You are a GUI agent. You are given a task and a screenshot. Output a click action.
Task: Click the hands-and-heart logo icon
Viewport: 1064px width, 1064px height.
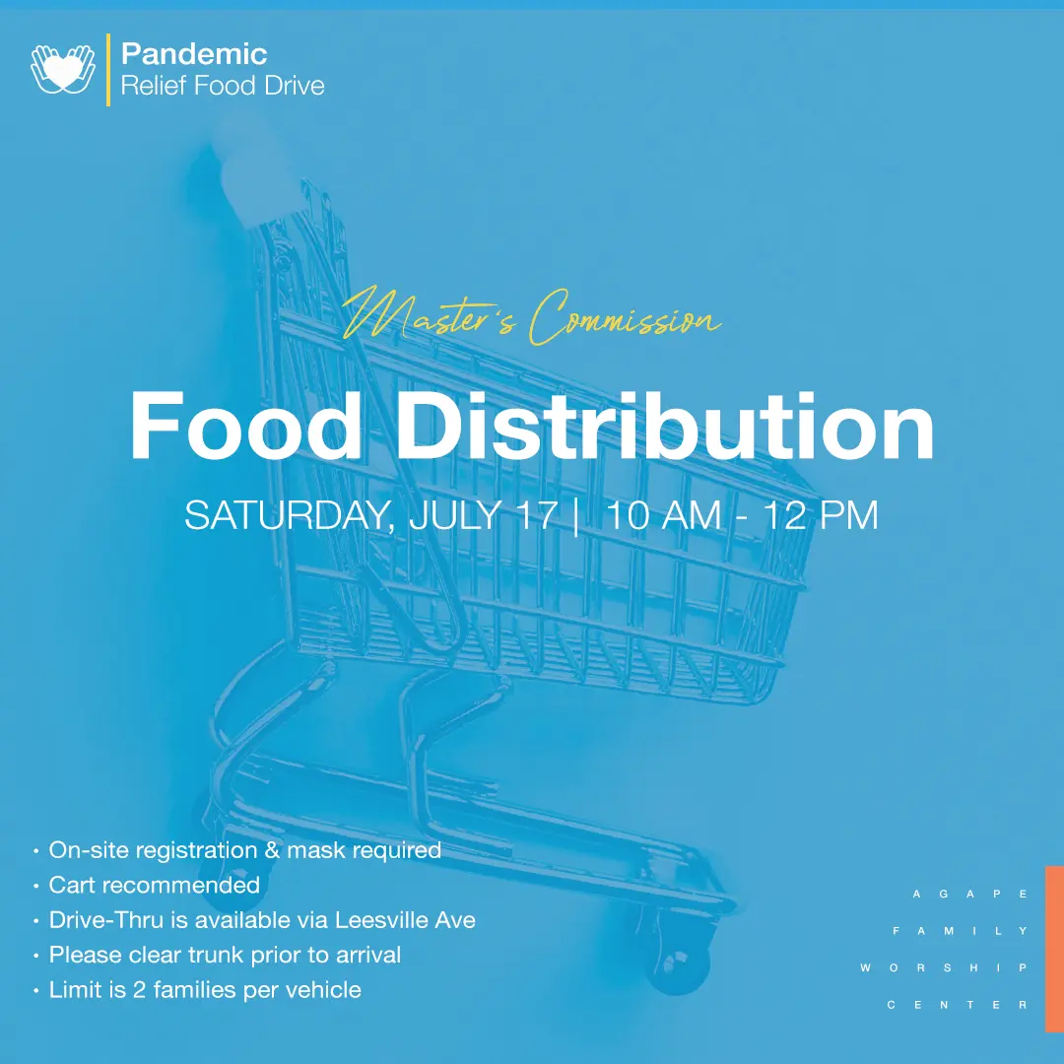click(63, 69)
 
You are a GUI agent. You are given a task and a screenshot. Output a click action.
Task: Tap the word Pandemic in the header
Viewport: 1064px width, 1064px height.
click(194, 54)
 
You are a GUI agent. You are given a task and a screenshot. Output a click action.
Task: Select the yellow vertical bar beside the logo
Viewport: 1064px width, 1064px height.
click(108, 70)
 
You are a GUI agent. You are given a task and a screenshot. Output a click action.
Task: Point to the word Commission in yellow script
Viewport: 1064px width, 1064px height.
click(625, 317)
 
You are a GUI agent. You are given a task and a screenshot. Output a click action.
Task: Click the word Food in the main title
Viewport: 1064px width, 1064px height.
click(245, 428)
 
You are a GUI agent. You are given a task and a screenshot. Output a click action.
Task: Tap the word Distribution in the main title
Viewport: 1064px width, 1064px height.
click(665, 428)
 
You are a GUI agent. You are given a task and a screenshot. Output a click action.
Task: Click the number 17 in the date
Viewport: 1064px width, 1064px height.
click(537, 515)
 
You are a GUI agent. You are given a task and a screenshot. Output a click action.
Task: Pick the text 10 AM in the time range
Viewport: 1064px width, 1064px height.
click(663, 515)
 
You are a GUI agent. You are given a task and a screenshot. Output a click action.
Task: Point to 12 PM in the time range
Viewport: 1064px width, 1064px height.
click(821, 515)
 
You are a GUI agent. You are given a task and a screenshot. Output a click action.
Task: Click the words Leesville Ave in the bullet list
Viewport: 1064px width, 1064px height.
click(405, 920)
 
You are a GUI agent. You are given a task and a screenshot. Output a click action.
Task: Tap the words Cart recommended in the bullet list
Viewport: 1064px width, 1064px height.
click(155, 885)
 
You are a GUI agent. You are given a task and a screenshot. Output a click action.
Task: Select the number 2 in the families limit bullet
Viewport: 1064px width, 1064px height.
click(139, 990)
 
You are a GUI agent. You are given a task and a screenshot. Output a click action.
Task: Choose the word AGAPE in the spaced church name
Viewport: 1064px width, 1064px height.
click(970, 895)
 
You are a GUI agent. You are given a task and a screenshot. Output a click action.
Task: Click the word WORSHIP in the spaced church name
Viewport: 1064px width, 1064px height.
click(944, 967)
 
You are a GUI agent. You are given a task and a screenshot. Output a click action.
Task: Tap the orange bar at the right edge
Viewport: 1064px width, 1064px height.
click(1054, 949)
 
